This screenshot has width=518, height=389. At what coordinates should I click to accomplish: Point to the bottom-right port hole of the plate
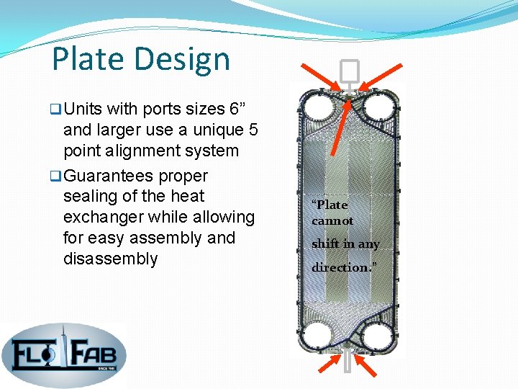click(376, 336)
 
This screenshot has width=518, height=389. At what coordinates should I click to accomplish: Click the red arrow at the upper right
click(386, 78)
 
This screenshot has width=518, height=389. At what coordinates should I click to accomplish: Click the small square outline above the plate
click(349, 71)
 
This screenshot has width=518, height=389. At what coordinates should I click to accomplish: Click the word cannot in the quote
click(332, 221)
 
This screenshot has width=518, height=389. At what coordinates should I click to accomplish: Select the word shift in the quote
click(325, 244)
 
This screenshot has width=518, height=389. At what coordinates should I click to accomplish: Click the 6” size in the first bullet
click(237, 109)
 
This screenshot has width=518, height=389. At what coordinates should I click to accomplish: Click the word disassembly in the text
click(110, 259)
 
